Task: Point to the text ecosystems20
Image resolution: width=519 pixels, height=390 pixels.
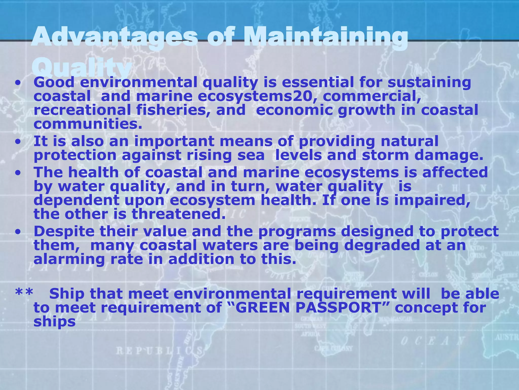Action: (x=257, y=96)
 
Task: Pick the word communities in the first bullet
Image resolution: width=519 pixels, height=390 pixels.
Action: (x=88, y=124)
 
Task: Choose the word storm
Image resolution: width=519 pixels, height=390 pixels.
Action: (x=385, y=155)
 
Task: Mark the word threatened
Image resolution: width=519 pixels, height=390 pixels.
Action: (x=179, y=214)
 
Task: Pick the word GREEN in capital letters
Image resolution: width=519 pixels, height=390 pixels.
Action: (x=262, y=308)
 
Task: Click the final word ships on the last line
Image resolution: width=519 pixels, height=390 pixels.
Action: (x=55, y=322)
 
